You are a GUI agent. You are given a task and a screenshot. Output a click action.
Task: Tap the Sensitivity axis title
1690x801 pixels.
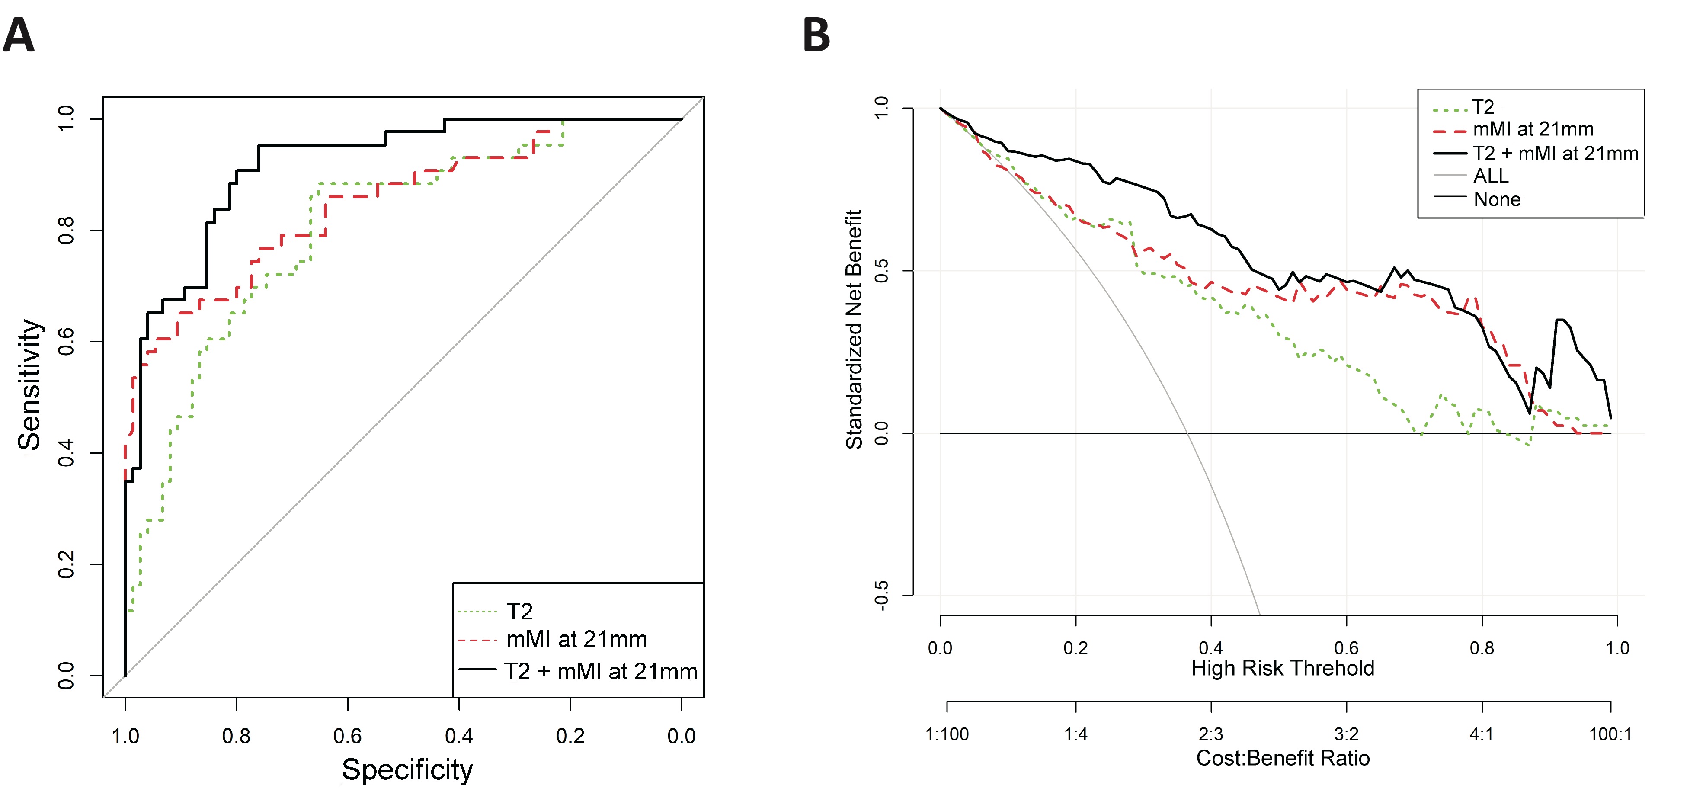[x=29, y=384]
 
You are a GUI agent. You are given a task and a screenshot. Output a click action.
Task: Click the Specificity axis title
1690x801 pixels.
[x=407, y=769]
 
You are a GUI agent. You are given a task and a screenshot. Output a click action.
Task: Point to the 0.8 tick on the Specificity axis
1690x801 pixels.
[x=236, y=735]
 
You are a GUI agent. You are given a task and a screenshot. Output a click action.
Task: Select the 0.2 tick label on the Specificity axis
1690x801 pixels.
[x=570, y=735]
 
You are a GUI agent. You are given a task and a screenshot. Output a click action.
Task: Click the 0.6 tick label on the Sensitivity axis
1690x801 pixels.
[x=66, y=342]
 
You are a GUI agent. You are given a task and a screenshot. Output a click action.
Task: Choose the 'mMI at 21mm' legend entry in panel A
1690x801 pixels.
[x=576, y=639]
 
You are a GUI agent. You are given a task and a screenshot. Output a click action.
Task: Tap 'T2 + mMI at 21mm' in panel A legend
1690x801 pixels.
[x=600, y=671]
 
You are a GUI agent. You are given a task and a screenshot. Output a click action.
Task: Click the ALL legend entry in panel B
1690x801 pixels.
[x=1491, y=176]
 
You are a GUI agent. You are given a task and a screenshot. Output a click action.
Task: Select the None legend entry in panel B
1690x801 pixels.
[x=1496, y=199]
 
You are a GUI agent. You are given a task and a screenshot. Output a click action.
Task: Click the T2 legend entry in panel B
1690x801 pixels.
[x=1483, y=107]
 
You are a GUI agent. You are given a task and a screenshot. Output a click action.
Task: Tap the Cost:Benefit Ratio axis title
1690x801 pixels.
[x=1283, y=758]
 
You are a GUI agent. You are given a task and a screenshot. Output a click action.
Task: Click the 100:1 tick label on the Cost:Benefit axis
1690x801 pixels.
[x=1610, y=734]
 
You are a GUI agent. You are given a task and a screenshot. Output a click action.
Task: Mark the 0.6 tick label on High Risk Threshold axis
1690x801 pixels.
[x=1346, y=648]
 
